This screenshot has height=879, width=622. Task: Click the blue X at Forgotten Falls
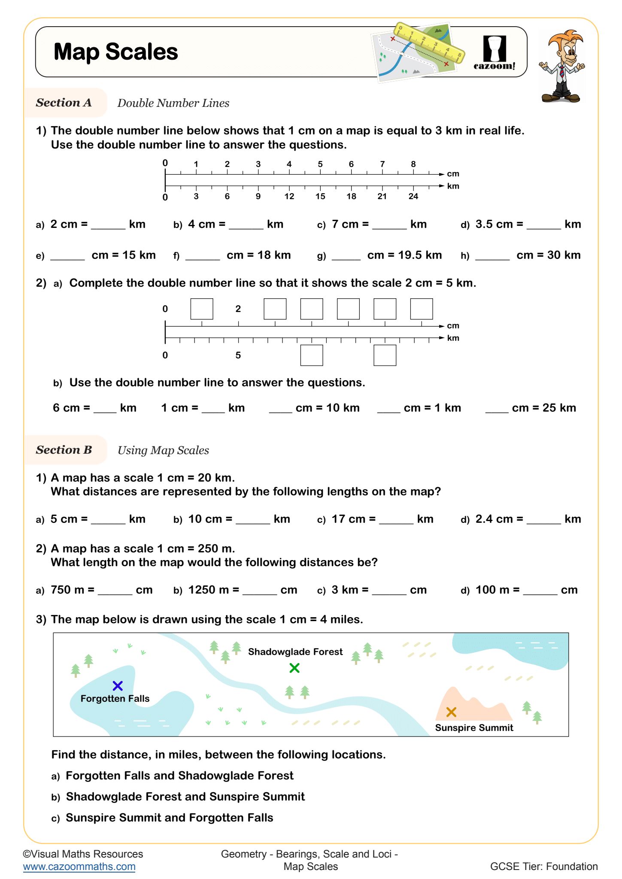[118, 685]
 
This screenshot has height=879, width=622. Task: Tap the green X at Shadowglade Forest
[294, 668]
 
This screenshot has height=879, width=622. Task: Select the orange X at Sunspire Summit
[451, 712]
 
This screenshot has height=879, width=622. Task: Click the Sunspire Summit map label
[474, 727]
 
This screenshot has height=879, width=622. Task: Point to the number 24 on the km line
[413, 196]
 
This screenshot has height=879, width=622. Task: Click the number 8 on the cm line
[413, 164]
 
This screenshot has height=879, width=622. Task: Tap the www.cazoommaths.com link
[79, 866]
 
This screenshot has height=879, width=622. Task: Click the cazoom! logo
[495, 53]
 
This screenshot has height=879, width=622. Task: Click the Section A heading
[64, 103]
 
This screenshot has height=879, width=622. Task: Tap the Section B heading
[64, 450]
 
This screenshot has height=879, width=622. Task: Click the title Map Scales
[116, 52]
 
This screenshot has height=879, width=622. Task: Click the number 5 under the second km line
[238, 355]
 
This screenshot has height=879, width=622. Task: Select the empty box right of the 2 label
[275, 309]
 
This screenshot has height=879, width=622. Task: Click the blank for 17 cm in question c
[396, 519]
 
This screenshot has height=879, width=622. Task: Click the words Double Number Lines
[173, 103]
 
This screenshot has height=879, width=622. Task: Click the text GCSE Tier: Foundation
[543, 866]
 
